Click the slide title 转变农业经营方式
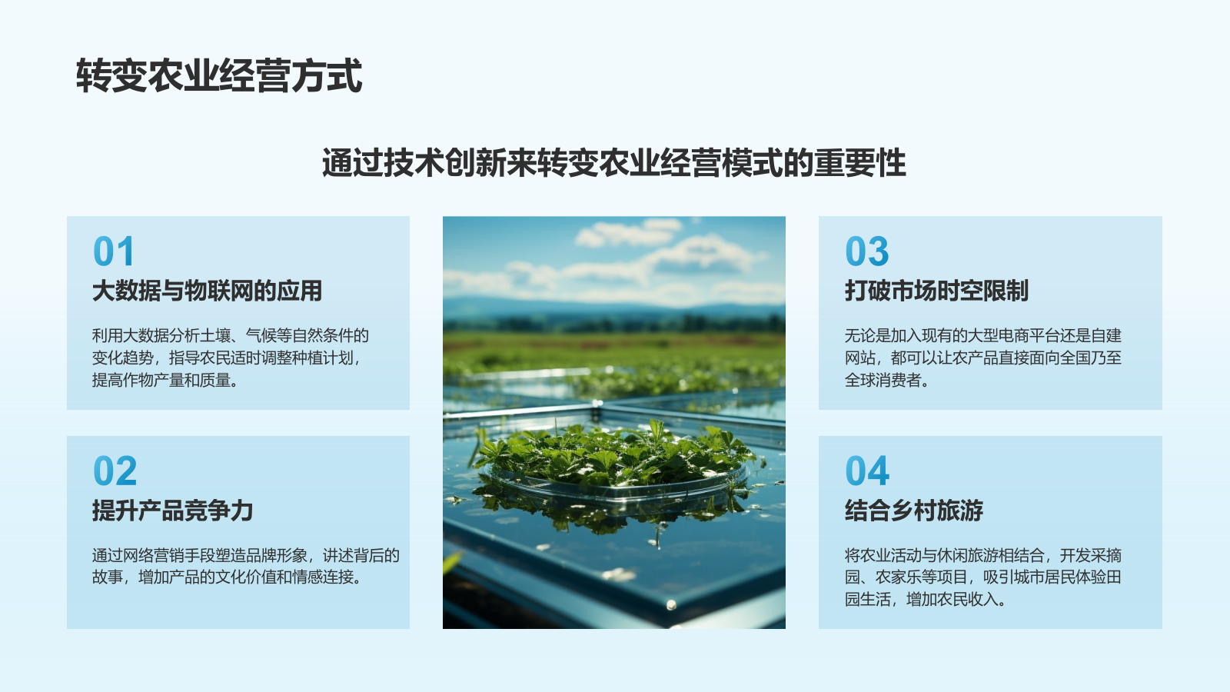click(219, 76)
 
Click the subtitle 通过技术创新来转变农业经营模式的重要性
click(614, 163)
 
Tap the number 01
click(114, 251)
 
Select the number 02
click(115, 471)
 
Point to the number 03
click(866, 251)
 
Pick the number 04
click(866, 471)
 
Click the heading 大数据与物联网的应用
click(207, 291)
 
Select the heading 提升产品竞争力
click(172, 511)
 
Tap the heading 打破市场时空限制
click(936, 291)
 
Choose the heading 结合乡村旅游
click(913, 511)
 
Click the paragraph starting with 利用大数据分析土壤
click(231, 358)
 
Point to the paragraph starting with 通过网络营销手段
click(245, 566)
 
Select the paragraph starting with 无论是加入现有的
click(982, 358)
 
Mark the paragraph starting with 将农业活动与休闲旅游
click(982, 577)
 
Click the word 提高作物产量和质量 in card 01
click(165, 380)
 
